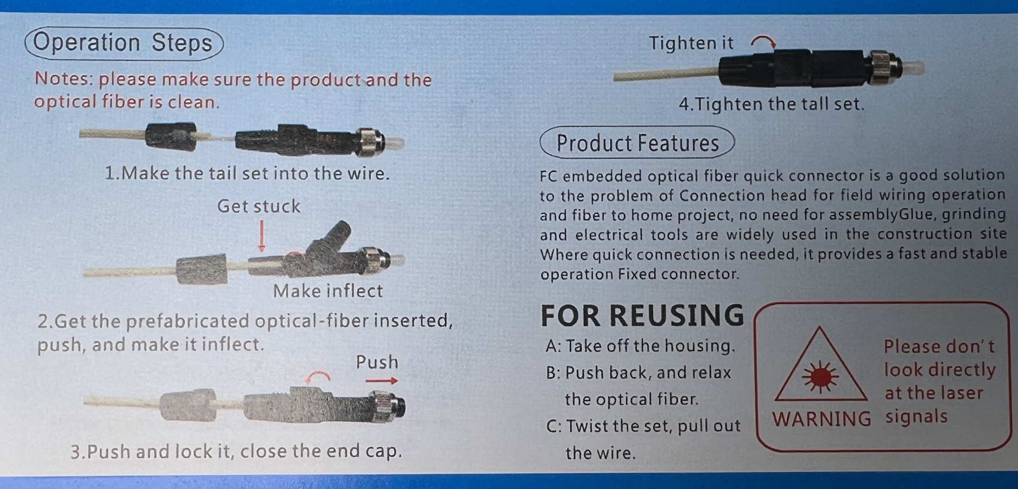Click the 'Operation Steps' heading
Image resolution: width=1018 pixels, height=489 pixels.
click(123, 43)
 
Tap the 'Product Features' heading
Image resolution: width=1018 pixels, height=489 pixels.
click(637, 143)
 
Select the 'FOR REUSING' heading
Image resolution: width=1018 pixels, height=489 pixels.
click(642, 315)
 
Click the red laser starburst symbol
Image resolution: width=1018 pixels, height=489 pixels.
click(821, 376)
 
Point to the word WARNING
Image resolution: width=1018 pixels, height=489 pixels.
click(822, 419)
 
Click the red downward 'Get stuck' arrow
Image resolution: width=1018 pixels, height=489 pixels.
click(261, 236)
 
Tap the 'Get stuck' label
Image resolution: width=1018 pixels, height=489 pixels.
click(259, 206)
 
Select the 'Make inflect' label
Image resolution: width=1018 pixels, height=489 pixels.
click(328, 291)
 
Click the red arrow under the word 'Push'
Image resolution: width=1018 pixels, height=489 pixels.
click(382, 381)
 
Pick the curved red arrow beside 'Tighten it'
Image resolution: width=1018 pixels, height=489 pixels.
click(763, 40)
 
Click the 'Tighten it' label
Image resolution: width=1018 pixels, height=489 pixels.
click(691, 43)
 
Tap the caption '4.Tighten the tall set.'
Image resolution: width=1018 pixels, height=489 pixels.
click(771, 104)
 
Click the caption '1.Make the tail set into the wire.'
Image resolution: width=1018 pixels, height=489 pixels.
click(247, 173)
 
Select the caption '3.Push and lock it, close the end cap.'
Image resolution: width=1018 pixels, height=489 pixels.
click(236, 451)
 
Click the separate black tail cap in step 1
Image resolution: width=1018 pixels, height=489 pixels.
click(171, 136)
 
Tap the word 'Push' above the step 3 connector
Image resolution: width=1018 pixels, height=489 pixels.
click(377, 362)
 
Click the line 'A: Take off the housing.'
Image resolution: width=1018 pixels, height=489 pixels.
click(641, 345)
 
